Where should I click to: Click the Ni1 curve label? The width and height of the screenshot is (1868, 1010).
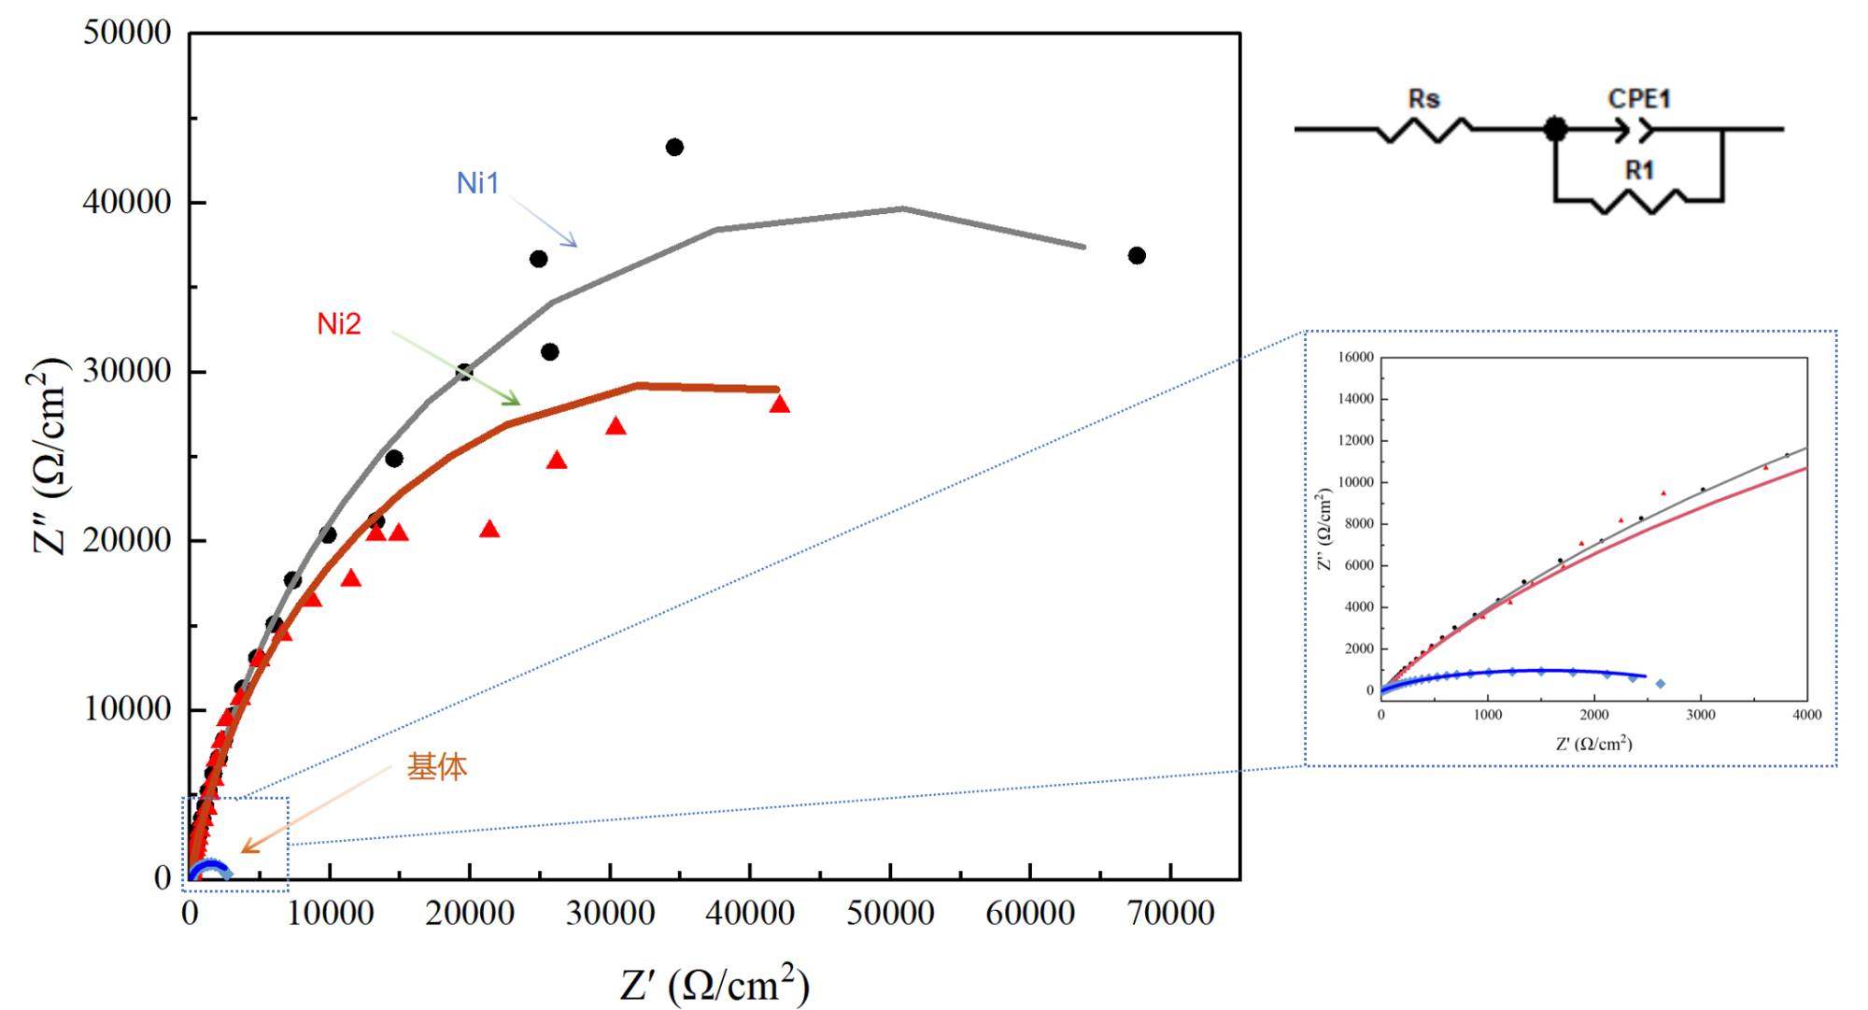[x=477, y=183]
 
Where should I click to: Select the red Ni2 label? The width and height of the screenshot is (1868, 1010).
[x=338, y=324]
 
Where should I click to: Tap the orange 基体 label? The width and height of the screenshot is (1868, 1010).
[x=436, y=767]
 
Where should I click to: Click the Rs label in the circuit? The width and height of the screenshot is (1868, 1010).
[x=1423, y=99]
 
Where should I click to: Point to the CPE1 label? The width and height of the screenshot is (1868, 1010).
[x=1639, y=99]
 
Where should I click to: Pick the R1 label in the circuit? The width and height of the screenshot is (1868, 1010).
[x=1639, y=170]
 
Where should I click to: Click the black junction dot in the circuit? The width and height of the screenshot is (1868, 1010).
[x=1555, y=129]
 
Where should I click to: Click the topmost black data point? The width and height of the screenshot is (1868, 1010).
[x=674, y=147]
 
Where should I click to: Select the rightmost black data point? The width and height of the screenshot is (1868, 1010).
[x=1137, y=255]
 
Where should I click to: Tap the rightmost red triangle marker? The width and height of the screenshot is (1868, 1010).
[x=780, y=404]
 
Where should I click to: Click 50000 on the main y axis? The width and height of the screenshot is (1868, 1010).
[x=127, y=33]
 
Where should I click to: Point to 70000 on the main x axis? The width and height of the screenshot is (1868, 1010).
[x=1170, y=913]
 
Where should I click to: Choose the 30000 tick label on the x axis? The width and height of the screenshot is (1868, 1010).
[x=610, y=913]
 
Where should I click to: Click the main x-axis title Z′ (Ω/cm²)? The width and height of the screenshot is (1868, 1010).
[x=715, y=984]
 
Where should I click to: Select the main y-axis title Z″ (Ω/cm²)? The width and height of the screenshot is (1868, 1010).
[x=50, y=457]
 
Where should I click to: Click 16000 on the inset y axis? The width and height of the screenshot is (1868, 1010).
[x=1355, y=357]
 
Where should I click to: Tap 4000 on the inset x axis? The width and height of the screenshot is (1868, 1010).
[x=1806, y=715]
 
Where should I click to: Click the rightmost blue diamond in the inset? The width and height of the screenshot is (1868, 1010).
[x=1660, y=684]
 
